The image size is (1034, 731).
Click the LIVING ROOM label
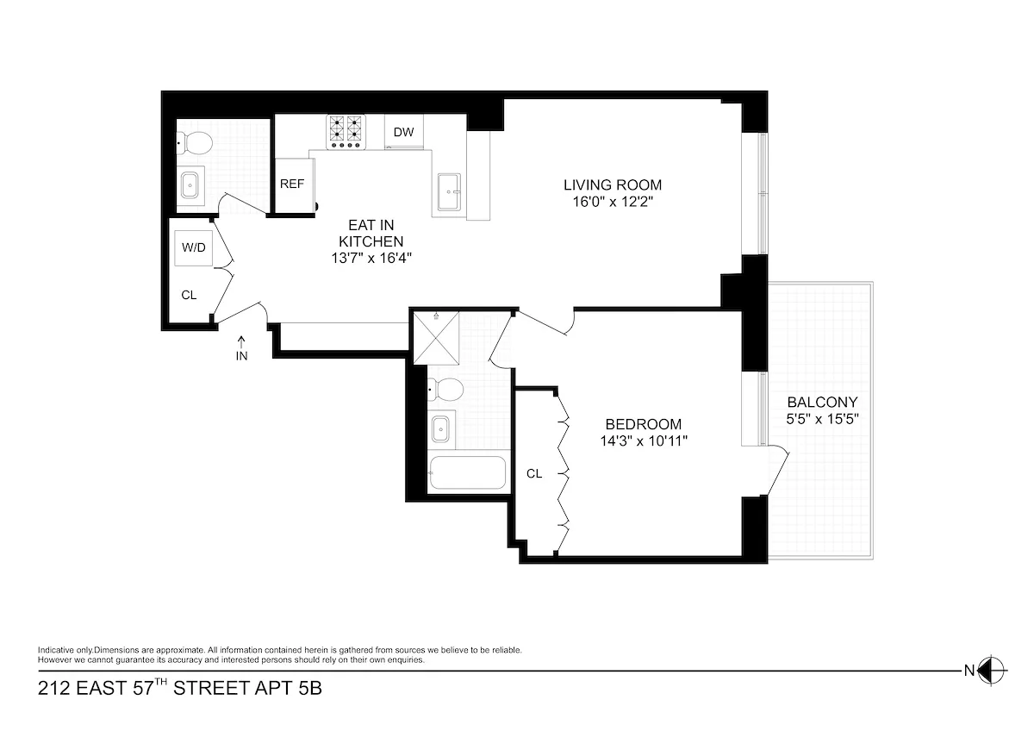(x=613, y=184)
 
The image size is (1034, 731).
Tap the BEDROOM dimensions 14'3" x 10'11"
(x=644, y=440)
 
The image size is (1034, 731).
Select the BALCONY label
(x=822, y=402)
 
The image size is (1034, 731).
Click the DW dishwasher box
(x=403, y=132)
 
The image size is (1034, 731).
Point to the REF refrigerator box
(x=292, y=184)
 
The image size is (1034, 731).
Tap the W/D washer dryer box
(x=193, y=247)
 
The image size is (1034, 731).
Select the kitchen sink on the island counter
(x=448, y=191)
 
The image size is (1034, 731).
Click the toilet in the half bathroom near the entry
(x=193, y=142)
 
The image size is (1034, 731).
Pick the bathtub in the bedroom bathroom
(x=469, y=472)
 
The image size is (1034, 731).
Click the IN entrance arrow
(x=241, y=347)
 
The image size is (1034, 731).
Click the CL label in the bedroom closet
(x=534, y=473)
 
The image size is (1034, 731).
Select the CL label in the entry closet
(x=189, y=295)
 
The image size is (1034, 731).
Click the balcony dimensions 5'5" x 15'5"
(x=822, y=419)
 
